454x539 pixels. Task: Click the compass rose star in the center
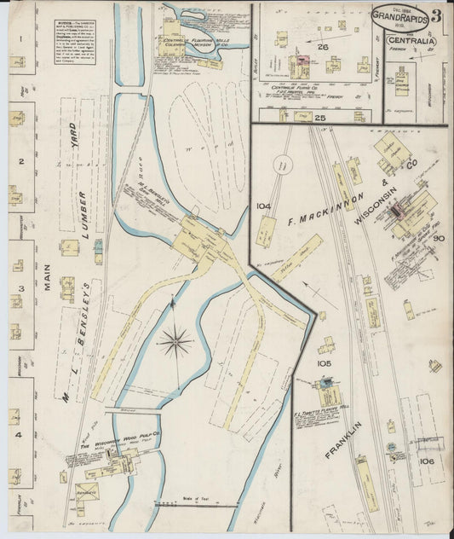point(175,342)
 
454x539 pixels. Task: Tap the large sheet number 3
point(436,15)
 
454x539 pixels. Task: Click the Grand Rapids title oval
point(399,18)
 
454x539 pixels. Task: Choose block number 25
point(321,116)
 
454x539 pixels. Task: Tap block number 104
point(262,206)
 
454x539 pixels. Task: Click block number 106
point(427,461)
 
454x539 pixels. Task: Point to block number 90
point(438,239)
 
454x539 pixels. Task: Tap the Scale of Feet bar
point(197,506)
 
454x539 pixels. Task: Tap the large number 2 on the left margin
point(19,160)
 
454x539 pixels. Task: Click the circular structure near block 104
point(283,166)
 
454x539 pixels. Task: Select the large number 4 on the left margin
point(19,435)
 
